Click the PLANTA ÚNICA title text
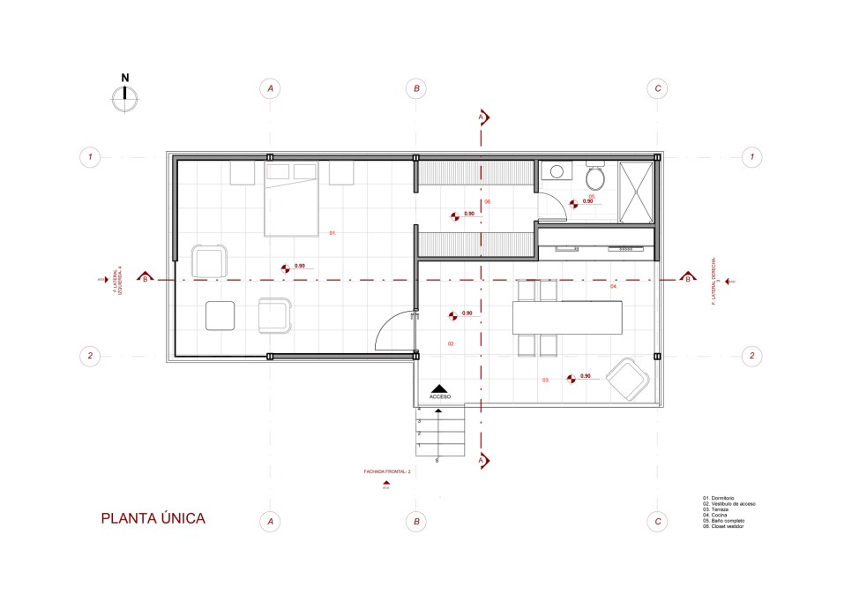click(x=153, y=518)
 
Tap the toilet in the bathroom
click(x=595, y=177)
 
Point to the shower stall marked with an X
click(x=636, y=192)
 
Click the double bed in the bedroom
click(x=292, y=200)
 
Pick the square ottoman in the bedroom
click(x=220, y=315)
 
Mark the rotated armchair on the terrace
click(x=629, y=380)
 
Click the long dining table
click(x=568, y=317)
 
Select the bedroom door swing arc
click(x=392, y=332)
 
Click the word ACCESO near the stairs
click(x=440, y=397)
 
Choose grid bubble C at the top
click(x=656, y=88)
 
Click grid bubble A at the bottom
click(x=271, y=522)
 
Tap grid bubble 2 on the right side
click(x=751, y=357)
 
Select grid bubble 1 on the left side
click(x=89, y=157)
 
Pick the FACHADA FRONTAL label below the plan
click(x=388, y=472)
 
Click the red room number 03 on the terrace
click(x=546, y=381)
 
